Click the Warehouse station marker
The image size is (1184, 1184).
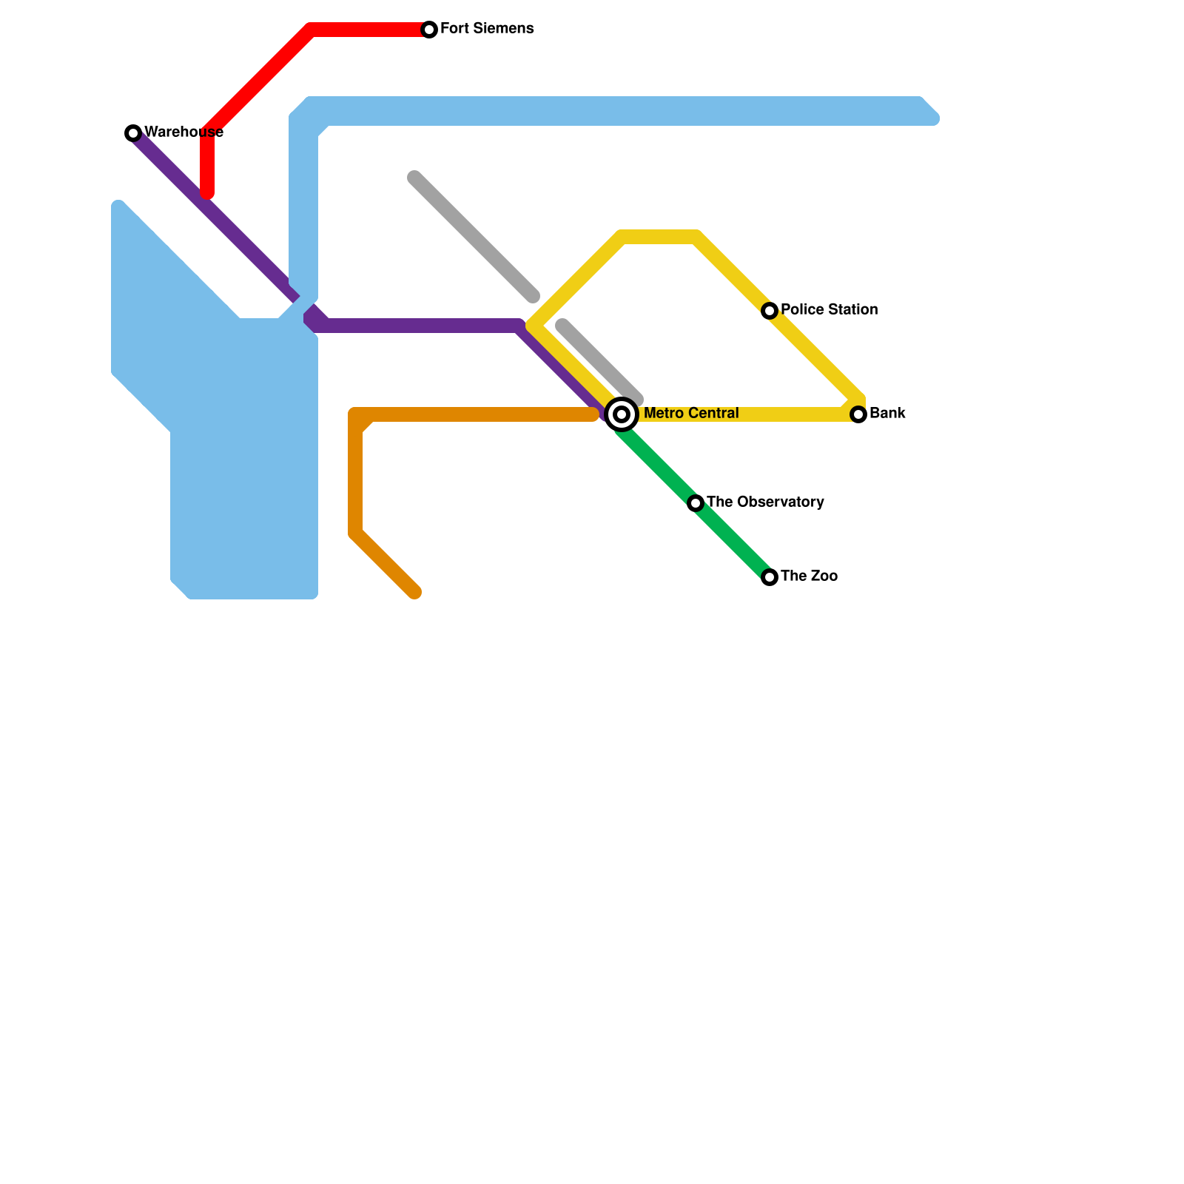coord(133,133)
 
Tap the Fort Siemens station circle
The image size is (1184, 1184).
coord(429,30)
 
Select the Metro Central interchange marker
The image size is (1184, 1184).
coord(622,414)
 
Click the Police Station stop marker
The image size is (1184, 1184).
coord(770,311)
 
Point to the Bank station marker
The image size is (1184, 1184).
coord(858,414)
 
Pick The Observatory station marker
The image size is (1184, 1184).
coord(696,503)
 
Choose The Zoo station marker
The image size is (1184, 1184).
coord(770,577)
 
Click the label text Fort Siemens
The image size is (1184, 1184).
coord(487,29)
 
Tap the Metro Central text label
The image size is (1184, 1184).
coord(691,413)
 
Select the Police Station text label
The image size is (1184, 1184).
coord(829,309)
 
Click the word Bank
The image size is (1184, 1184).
coord(887,413)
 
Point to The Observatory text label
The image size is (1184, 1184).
coord(765,502)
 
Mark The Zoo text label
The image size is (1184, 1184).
coord(809,576)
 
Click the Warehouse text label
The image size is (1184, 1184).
coord(184,132)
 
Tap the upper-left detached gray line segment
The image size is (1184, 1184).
coord(474,237)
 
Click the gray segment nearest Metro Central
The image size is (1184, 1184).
coord(599,363)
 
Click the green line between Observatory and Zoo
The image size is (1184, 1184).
coord(733,540)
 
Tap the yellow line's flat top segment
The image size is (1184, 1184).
coord(659,238)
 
